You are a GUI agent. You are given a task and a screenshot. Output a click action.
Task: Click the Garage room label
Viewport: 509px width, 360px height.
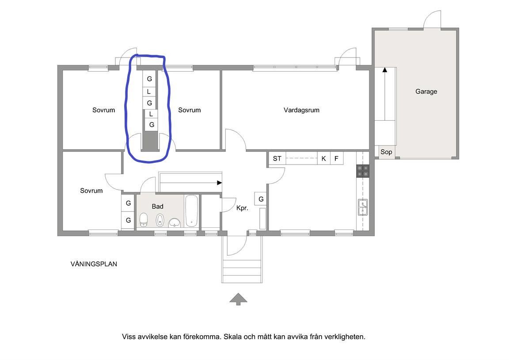426,92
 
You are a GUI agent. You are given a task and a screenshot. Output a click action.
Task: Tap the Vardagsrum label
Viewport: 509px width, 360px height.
301,110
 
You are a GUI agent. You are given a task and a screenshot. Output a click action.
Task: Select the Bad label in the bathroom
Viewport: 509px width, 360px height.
157,207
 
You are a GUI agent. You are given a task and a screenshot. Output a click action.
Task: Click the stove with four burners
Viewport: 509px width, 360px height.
363,171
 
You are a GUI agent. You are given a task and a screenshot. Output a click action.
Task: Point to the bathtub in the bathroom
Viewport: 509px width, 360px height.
191,211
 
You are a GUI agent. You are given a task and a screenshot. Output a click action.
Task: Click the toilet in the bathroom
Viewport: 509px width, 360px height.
144,220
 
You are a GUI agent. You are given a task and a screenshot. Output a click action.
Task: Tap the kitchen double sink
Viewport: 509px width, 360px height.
363,207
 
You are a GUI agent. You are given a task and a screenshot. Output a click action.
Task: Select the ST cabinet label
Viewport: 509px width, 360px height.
277,159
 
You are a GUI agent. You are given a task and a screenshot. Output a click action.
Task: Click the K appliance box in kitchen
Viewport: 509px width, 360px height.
323,159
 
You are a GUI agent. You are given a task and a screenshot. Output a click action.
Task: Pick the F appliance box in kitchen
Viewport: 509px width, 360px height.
337,159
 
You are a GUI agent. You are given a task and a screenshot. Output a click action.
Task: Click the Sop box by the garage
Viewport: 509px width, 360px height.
386,152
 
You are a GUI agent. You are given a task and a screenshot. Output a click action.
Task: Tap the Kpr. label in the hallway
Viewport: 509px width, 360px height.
242,208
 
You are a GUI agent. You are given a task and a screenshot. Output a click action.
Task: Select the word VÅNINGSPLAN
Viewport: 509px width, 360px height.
94,264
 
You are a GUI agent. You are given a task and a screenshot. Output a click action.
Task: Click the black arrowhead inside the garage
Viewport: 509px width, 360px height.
385,69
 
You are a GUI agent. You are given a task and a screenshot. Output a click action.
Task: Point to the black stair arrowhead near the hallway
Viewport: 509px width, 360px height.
220,183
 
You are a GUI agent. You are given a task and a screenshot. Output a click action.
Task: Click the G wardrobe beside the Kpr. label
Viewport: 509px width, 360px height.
261,199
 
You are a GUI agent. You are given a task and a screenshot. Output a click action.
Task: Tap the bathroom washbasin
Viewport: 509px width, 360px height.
175,222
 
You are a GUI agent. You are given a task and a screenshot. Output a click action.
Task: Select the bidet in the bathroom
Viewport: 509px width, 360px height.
160,220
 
